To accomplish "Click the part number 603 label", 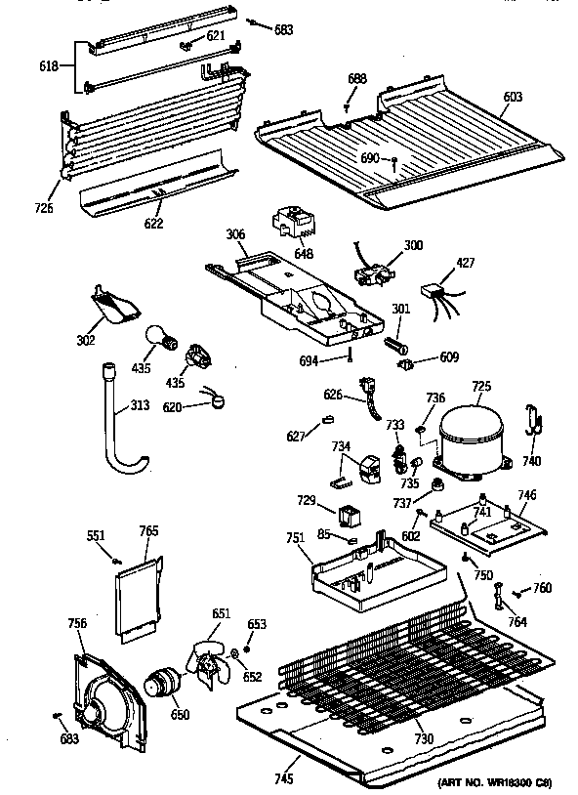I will (x=514, y=97).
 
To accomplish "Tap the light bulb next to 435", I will (x=161, y=339).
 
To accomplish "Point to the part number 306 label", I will (x=235, y=234).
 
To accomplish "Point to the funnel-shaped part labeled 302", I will (x=114, y=304).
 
